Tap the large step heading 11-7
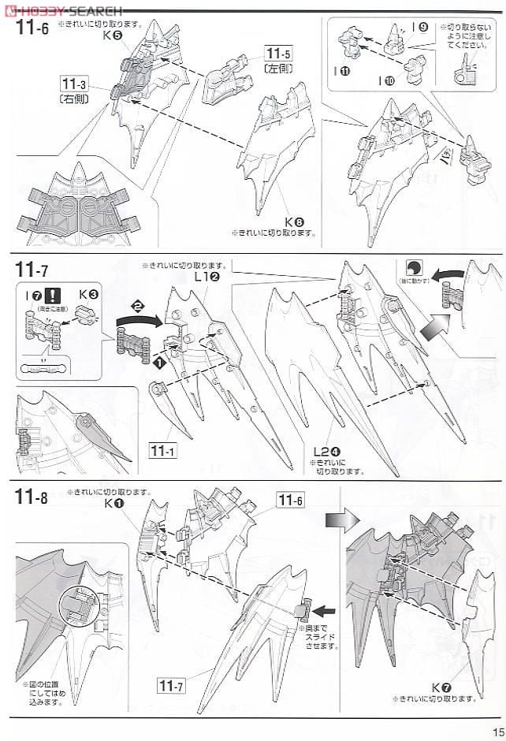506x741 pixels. coord(31,270)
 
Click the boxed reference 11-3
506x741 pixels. coord(73,83)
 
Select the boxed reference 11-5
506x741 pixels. coord(277,54)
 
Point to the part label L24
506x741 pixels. coord(326,451)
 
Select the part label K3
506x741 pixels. coord(88,294)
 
